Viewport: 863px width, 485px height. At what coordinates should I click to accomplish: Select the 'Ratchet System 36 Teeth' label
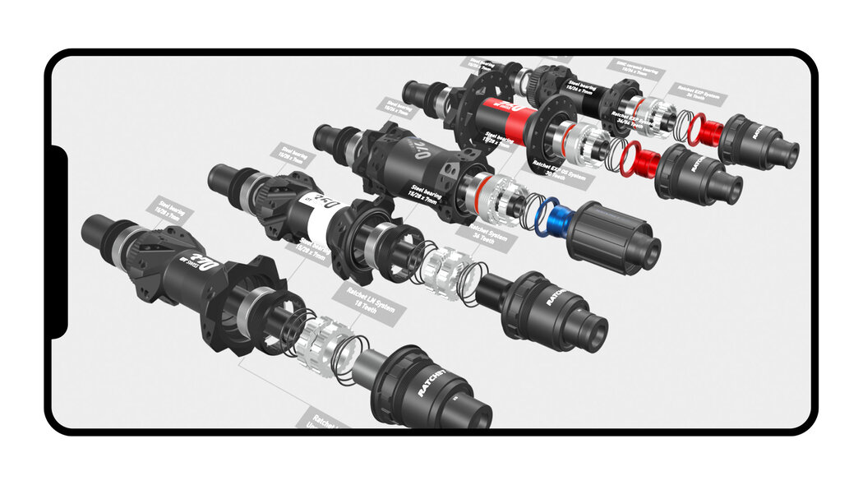tap(490, 236)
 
